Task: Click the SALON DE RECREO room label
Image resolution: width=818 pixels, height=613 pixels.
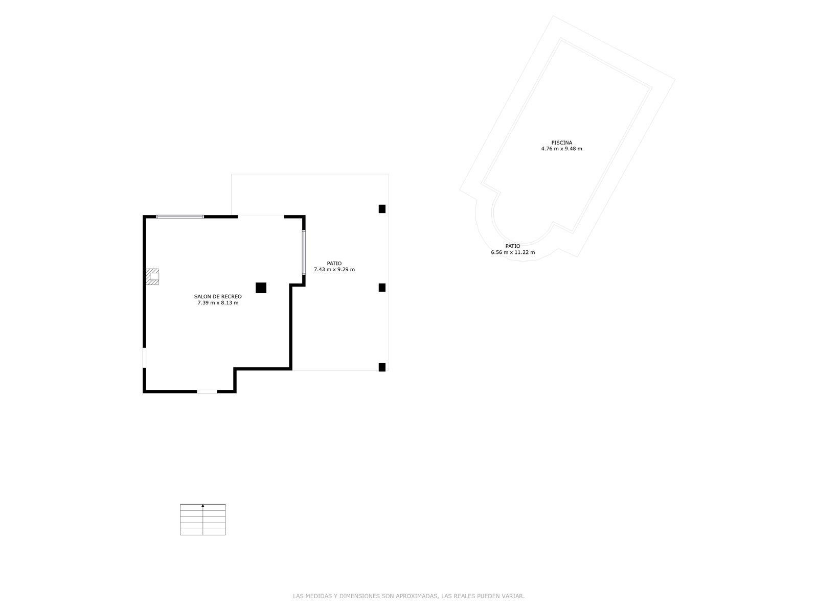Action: coord(218,297)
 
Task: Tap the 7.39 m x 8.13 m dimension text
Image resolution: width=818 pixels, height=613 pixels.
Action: coord(218,303)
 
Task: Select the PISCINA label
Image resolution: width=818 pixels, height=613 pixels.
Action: coord(561,143)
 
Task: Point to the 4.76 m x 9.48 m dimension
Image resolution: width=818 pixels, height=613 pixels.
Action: coord(561,149)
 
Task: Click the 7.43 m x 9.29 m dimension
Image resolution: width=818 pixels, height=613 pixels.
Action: coord(334,270)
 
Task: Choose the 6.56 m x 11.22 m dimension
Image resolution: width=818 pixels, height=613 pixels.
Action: coord(513,252)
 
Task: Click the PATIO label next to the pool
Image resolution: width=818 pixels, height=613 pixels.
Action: coord(513,246)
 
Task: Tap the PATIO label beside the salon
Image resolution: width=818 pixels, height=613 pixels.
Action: coord(334,264)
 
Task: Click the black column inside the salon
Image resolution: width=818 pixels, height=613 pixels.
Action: coord(261,288)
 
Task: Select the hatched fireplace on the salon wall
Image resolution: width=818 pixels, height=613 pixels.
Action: coord(152,276)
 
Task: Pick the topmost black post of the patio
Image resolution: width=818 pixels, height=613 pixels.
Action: coord(382,209)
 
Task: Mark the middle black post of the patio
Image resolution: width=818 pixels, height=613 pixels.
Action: coord(382,287)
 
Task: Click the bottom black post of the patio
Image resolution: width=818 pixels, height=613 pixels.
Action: coord(382,367)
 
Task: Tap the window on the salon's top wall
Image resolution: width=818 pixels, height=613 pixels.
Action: coord(180,217)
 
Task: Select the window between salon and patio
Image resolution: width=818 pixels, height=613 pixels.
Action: coord(304,252)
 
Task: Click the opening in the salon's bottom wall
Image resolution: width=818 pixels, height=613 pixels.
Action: coord(207,391)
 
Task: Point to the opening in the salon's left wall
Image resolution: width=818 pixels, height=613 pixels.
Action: coord(144,358)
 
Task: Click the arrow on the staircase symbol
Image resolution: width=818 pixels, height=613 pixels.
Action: coord(203,505)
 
